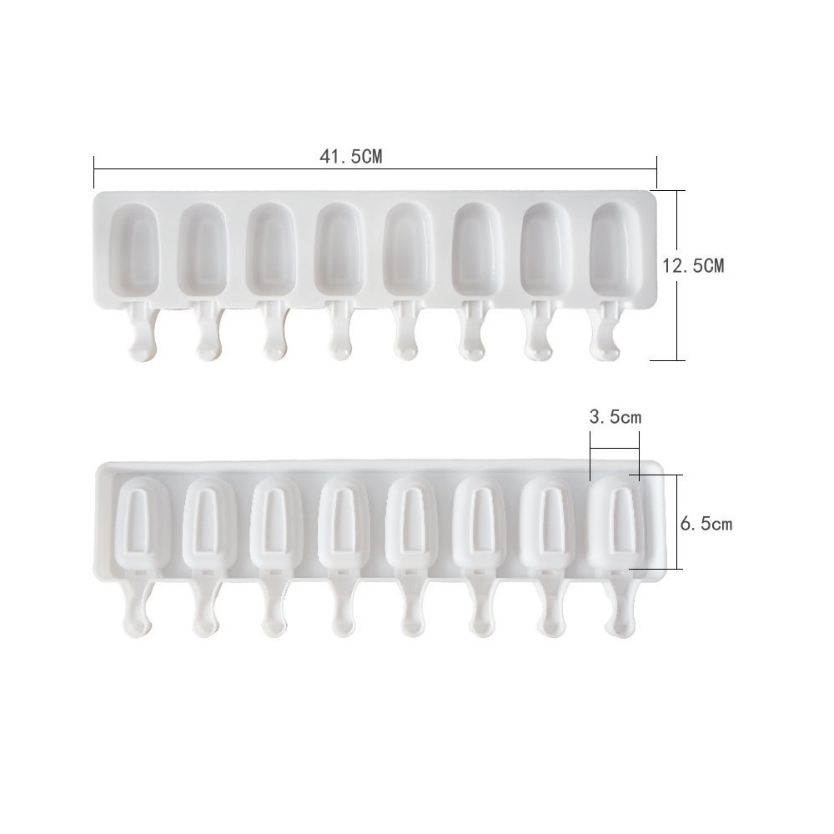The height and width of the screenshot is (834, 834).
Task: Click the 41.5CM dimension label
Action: point(351,157)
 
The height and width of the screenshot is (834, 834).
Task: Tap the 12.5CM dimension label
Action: point(693,265)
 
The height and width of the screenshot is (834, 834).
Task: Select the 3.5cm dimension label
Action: point(615,416)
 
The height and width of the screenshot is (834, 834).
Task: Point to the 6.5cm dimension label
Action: point(706,524)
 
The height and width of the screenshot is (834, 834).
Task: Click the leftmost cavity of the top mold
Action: point(134,250)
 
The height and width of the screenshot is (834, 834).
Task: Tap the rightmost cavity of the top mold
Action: point(615,250)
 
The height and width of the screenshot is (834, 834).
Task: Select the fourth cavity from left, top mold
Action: point(340,250)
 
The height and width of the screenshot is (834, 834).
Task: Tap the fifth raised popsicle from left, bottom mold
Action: point(413,524)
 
